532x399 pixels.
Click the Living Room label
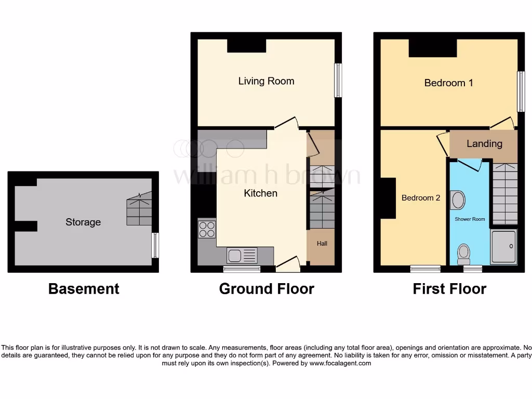(266, 81)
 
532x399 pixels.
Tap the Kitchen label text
(261, 193)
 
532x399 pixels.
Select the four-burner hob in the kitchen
(207, 229)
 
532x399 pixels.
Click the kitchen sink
(242, 255)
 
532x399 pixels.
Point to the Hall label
(322, 243)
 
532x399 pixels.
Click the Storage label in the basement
(83, 222)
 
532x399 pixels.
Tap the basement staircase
(139, 208)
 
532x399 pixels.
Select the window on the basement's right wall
(155, 246)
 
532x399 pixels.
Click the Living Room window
(338, 81)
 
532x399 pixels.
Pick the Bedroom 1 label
(448, 83)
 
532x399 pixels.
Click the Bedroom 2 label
(421, 198)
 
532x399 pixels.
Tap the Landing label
(484, 144)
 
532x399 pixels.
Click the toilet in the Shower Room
(463, 254)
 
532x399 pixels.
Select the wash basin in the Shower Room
(458, 200)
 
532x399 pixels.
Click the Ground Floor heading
(267, 289)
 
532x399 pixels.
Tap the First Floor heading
(449, 289)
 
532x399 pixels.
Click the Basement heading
(84, 289)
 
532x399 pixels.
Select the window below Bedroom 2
(425, 269)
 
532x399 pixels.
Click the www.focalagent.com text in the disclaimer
(340, 364)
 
